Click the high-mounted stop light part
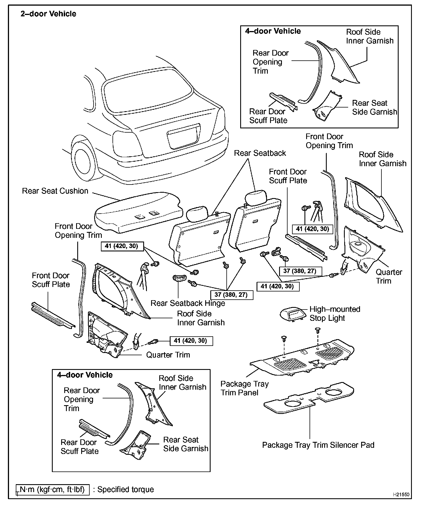[293, 314]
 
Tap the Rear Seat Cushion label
[55, 191]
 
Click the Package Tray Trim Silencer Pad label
[318, 445]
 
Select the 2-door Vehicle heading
[48, 14]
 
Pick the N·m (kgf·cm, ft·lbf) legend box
[53, 489]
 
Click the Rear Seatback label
[260, 153]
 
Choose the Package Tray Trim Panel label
[244, 388]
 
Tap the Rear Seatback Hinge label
[188, 303]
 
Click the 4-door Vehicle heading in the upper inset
[273, 31]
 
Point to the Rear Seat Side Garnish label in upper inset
[374, 107]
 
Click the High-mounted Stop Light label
[335, 313]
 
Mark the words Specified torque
[125, 489]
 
